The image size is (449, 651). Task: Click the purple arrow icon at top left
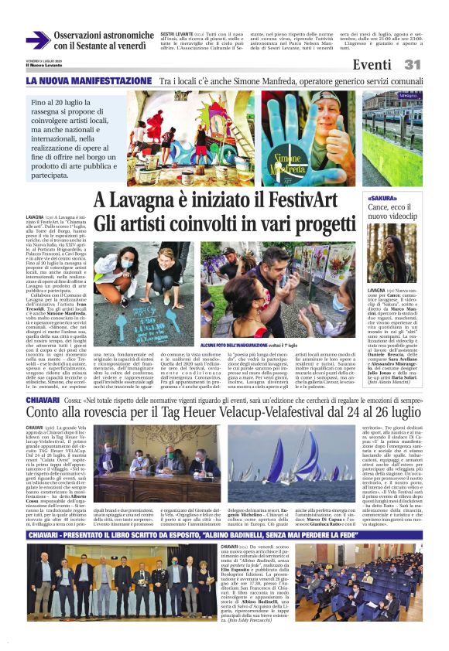37,40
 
